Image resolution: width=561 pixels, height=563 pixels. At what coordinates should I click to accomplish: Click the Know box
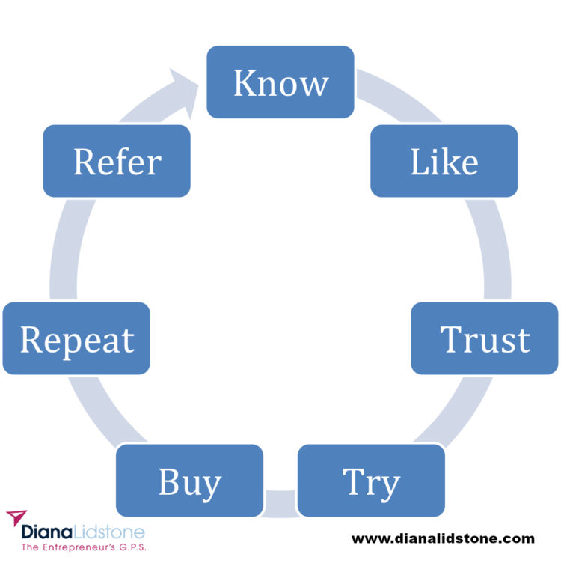click(280, 82)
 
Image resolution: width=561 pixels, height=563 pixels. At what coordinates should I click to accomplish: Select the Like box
click(444, 162)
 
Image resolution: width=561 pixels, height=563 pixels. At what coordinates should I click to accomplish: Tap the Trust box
click(484, 338)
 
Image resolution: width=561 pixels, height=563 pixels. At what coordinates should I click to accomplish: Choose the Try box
click(372, 481)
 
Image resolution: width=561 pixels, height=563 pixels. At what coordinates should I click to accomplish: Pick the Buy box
click(190, 481)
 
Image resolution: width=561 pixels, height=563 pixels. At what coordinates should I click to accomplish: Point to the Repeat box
click(77, 338)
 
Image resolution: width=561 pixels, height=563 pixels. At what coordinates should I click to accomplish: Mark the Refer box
click(117, 162)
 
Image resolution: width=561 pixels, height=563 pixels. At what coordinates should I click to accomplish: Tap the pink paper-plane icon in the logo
click(16, 517)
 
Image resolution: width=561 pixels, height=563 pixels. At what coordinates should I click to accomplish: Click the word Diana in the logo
click(45, 532)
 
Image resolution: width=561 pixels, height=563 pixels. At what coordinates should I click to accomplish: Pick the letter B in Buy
click(168, 481)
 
